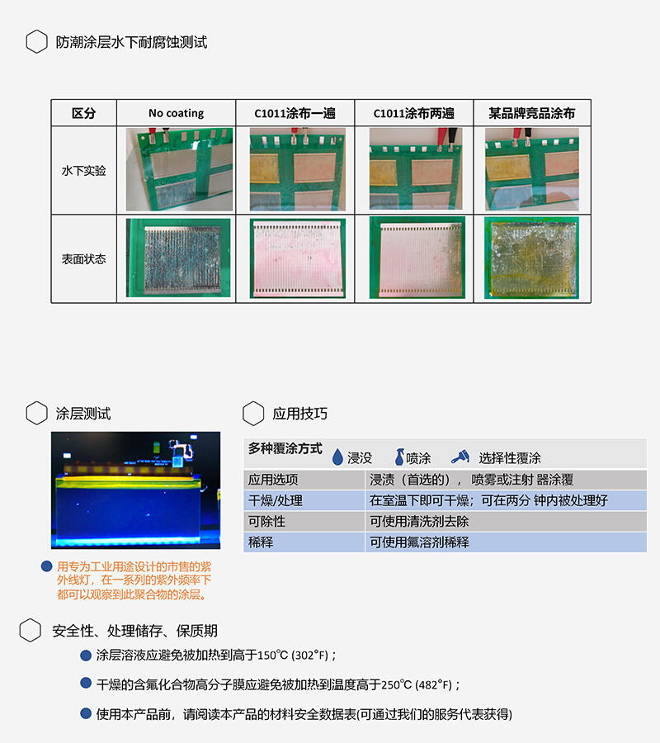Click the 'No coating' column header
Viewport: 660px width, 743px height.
176,113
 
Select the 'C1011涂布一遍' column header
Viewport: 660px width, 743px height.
295,113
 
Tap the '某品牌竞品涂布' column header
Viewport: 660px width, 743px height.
531,113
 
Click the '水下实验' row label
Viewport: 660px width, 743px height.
84,171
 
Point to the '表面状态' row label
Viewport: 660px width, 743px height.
84,259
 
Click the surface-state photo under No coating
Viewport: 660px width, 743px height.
178,258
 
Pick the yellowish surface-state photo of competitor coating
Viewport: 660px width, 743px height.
531,258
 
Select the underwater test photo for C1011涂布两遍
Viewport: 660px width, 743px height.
416,168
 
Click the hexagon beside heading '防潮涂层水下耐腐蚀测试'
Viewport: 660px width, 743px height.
36,42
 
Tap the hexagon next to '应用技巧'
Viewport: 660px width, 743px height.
253,414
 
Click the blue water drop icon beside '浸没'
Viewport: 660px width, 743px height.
337,457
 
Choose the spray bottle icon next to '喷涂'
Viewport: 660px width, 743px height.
399,457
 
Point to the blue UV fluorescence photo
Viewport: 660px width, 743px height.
136,490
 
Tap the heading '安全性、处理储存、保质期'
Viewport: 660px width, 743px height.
135,632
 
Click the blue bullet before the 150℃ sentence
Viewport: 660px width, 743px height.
86,655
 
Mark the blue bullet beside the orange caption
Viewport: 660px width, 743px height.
46,566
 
